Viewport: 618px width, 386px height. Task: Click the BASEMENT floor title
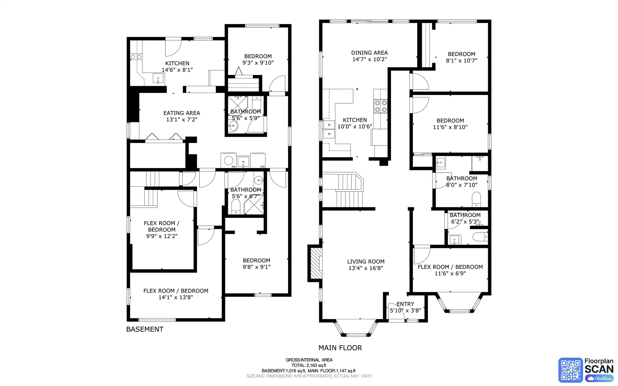145,329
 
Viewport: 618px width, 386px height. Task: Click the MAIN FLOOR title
340,348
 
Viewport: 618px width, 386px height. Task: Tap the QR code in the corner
570,370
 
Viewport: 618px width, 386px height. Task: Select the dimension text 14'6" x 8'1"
177,70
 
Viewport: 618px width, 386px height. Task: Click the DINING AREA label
369,52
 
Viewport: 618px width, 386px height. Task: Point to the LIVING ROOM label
366,261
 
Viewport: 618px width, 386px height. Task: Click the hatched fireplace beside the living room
316,263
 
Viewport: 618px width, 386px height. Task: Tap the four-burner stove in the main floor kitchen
380,106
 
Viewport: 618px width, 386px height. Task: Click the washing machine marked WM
228,160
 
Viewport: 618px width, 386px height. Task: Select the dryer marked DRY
258,160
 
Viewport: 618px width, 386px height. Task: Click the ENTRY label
405,304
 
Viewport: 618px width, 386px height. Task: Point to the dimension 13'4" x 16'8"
366,268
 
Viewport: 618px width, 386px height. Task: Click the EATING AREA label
182,113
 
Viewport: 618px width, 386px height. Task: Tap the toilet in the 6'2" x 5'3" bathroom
481,237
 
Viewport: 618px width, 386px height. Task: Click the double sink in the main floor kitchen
329,129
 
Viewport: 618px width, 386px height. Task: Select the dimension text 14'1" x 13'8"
176,297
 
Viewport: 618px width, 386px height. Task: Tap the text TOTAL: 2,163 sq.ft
309,365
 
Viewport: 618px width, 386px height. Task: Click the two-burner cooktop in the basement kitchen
136,57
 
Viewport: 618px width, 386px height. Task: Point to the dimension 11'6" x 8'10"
450,127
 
